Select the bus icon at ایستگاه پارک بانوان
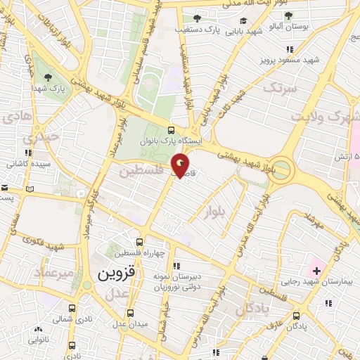172,130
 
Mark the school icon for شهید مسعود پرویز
290,49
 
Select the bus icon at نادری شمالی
72,308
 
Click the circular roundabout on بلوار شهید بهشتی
281,169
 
